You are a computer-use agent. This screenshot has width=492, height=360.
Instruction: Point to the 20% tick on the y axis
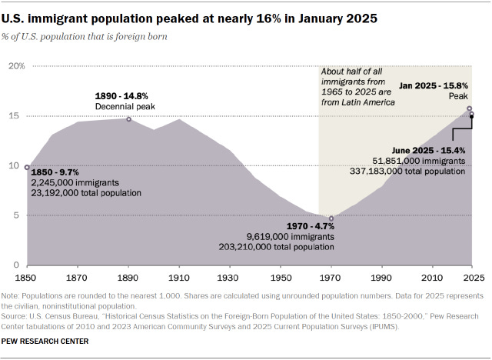pyautogui.click(x=16, y=66)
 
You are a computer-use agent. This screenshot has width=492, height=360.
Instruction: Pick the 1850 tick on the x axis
pyautogui.click(x=28, y=276)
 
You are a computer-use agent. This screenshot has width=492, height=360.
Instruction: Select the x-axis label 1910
pyautogui.click(x=178, y=276)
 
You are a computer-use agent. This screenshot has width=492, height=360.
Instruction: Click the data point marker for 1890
pyautogui.click(x=128, y=119)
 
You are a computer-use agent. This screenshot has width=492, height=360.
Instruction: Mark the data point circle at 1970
pyautogui.click(x=331, y=218)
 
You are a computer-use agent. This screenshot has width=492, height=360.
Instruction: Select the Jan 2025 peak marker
pyautogui.click(x=469, y=108)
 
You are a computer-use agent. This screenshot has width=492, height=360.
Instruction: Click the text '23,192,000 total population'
pyautogui.click(x=86, y=192)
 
